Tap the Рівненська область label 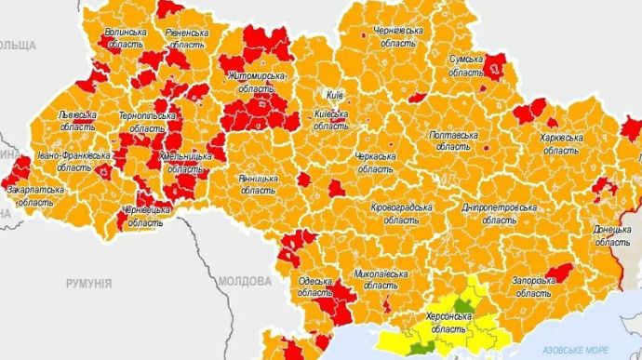point(187,37)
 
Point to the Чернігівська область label point(398,36)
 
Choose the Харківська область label point(561,143)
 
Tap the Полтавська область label point(453,140)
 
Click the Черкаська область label point(376,163)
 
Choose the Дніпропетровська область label point(500,214)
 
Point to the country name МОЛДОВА point(245,280)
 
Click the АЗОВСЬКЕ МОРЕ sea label point(588,350)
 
